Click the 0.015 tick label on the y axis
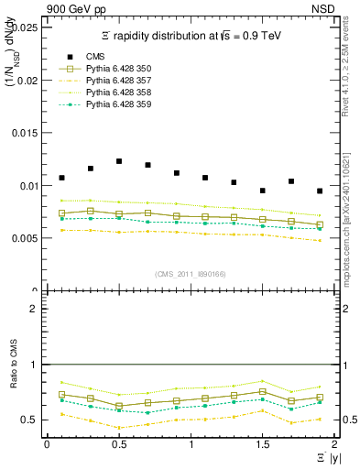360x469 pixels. click(25, 133)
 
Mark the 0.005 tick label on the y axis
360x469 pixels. click(25, 238)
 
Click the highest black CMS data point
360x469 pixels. click(119, 161)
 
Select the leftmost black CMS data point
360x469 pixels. click(61, 178)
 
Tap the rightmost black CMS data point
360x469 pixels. click(320, 191)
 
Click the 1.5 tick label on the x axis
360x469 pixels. click(262, 443)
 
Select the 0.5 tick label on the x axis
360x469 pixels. click(119, 443)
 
